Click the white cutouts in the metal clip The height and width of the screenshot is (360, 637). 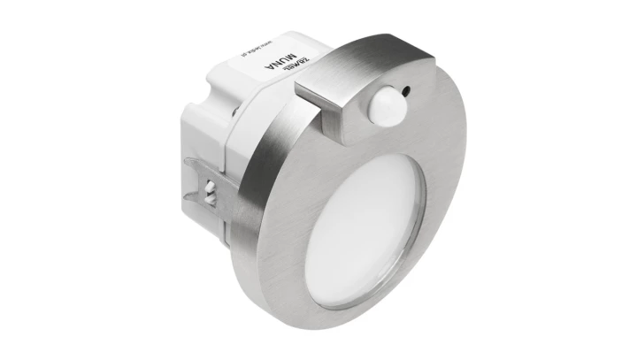pyautogui.click(x=207, y=188)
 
